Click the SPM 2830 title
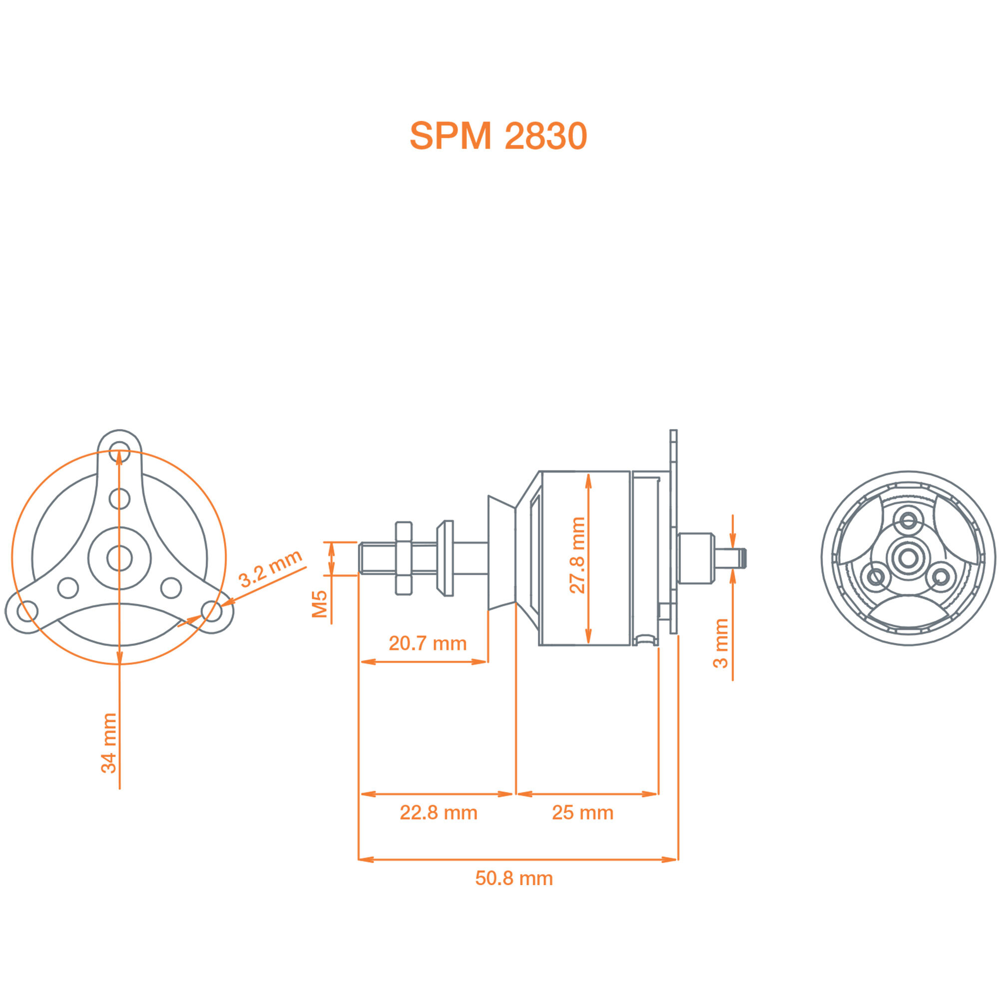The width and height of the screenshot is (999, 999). [x=498, y=136]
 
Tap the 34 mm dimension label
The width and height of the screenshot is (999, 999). [x=109, y=743]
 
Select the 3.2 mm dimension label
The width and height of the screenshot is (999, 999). [x=270, y=568]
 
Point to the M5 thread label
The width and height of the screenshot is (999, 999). [x=320, y=604]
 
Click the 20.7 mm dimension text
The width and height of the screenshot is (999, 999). [x=428, y=643]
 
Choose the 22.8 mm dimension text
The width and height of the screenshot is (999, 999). [x=439, y=812]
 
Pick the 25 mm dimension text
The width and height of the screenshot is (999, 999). [x=582, y=812]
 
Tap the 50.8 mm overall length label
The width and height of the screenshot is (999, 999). [x=514, y=878]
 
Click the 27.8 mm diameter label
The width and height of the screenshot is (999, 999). [x=577, y=555]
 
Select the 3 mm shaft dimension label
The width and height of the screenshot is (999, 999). [x=720, y=643]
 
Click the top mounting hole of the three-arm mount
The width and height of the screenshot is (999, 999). [x=119, y=450]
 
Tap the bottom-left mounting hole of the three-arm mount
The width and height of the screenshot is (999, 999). [x=27, y=611]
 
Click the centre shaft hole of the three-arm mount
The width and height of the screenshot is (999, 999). [x=119, y=558]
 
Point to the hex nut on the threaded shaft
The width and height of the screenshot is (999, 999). [x=403, y=558]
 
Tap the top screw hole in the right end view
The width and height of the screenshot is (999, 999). [x=908, y=520]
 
